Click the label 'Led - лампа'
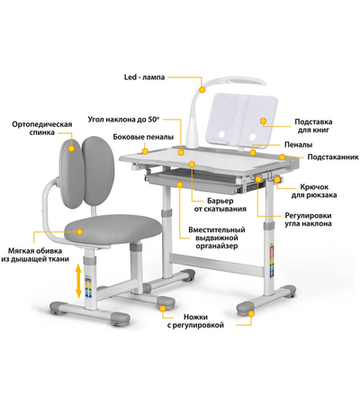(144, 77)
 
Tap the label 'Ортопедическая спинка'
(42, 129)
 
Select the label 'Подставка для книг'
(313, 126)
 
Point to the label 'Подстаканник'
(333, 157)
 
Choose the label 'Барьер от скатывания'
(220, 205)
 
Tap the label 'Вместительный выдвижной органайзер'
(217, 238)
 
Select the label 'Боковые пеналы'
(143, 137)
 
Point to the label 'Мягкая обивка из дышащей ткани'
(35, 255)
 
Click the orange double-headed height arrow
(78, 281)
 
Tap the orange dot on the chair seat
(79, 231)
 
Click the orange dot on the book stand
(263, 121)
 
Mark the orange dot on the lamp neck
(202, 89)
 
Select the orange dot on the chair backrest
(71, 148)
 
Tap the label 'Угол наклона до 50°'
(123, 120)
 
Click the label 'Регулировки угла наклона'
(308, 220)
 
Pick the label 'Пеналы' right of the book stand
(299, 145)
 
